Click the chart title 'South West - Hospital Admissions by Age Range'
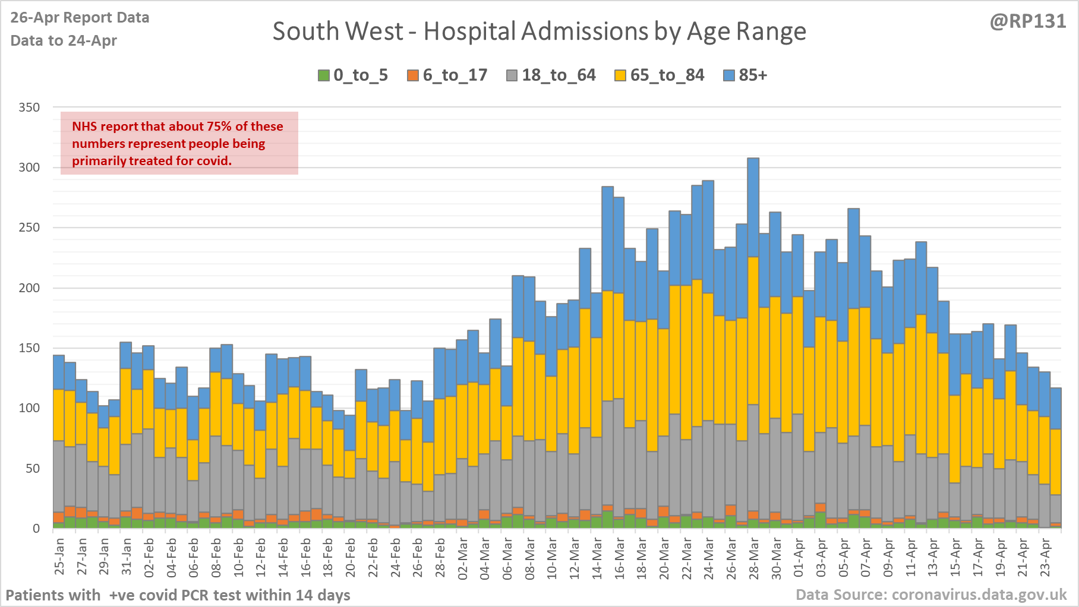[x=539, y=31]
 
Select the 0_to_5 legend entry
[x=353, y=75]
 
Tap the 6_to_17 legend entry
[x=447, y=75]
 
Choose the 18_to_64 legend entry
[x=551, y=75]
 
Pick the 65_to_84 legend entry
[x=660, y=75]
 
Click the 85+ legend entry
[x=746, y=75]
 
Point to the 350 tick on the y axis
[x=29, y=108]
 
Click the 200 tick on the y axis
[x=29, y=288]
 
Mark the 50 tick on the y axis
[x=33, y=469]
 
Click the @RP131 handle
[x=1028, y=21]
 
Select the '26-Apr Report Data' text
[x=80, y=18]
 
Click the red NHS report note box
[x=179, y=143]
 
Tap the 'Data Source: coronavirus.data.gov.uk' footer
[x=931, y=595]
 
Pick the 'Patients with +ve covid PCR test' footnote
[x=178, y=595]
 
